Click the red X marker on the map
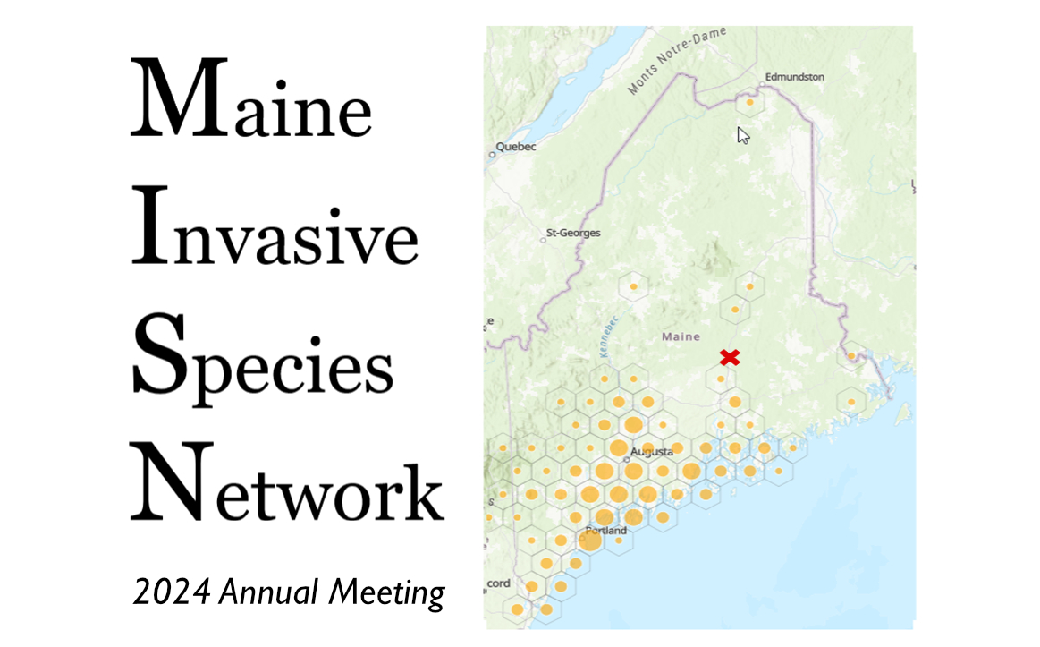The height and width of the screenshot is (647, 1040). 730,358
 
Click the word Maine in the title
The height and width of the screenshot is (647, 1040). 251,99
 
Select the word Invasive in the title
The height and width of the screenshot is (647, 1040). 275,226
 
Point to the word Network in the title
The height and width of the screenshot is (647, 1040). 286,483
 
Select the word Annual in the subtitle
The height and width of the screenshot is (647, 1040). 269,592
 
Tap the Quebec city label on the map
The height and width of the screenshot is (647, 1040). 516,147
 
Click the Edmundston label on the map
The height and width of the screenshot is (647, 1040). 794,77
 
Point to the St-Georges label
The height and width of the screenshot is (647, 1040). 573,234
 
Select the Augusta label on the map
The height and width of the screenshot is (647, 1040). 650,453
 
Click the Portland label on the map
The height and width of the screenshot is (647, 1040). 605,531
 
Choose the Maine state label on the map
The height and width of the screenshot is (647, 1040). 680,337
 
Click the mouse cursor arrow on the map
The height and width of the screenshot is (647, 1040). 742,135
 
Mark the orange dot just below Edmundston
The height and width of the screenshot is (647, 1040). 749,103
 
